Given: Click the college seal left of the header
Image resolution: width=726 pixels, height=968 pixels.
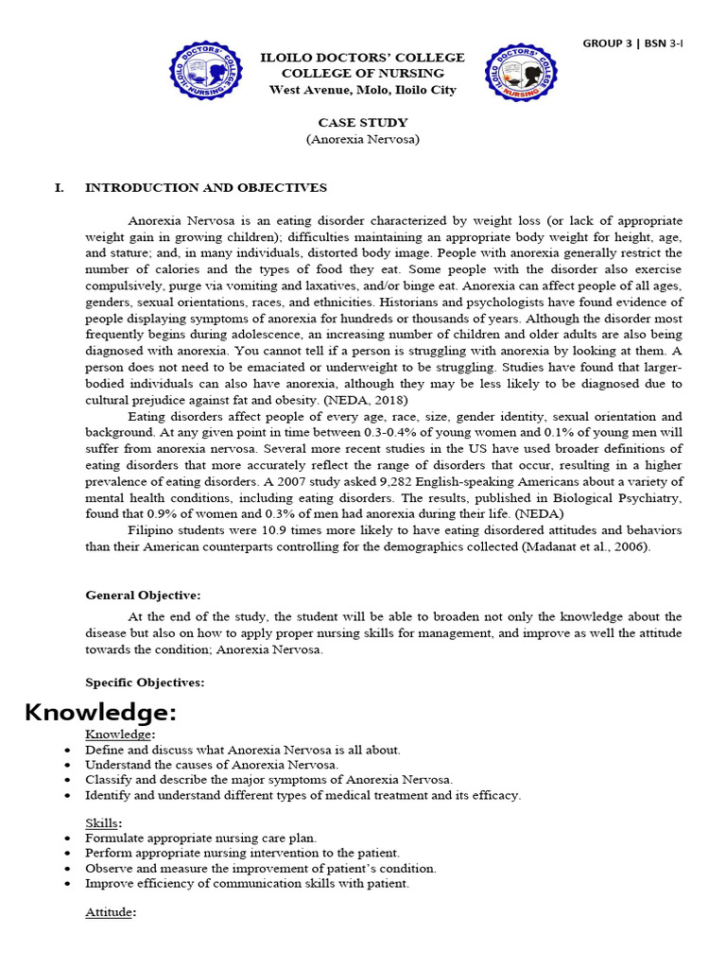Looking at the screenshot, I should click(x=207, y=75).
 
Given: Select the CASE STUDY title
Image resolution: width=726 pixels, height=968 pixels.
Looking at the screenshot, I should click(x=362, y=122).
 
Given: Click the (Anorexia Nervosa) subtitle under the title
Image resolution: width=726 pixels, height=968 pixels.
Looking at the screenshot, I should click(x=362, y=139).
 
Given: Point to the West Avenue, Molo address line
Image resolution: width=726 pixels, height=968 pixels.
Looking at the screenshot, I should click(x=362, y=91).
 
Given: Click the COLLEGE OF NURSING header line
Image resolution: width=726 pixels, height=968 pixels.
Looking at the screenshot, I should click(x=362, y=74).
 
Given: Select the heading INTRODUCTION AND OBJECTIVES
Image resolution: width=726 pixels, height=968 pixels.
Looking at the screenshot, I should click(x=206, y=188).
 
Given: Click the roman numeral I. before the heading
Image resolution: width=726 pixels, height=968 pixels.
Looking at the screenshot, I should click(x=60, y=188).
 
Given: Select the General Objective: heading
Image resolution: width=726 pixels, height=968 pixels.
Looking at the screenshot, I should click(x=143, y=596).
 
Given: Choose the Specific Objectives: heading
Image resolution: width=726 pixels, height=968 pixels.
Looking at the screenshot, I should click(x=145, y=683).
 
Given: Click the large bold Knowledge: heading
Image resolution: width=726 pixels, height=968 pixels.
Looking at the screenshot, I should click(x=100, y=711).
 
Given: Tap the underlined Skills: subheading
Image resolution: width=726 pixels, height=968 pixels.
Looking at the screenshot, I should click(x=107, y=823).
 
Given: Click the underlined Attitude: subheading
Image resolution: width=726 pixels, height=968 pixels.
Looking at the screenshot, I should click(x=111, y=912).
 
